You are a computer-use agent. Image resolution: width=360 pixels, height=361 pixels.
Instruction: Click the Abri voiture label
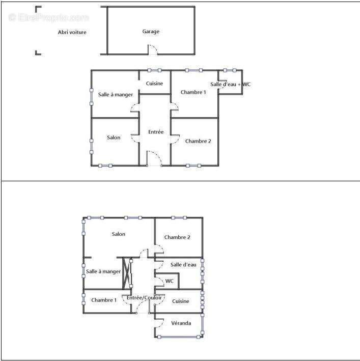coord(72,32)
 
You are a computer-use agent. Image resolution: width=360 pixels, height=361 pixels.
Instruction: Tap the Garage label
coord(151,31)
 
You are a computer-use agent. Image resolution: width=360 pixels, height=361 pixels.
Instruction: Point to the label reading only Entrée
coord(156,132)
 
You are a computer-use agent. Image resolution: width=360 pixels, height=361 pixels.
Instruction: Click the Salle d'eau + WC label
coord(230,84)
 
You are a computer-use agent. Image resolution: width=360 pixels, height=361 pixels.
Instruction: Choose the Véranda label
coord(181,323)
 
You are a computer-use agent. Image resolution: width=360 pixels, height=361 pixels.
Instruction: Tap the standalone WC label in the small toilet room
coord(169,281)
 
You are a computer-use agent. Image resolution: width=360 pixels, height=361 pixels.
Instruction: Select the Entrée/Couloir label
coord(144,298)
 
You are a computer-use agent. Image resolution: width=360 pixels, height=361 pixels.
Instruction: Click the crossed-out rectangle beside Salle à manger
coord(127,273)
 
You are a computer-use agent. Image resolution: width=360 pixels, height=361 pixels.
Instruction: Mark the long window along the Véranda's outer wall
coord(179,337)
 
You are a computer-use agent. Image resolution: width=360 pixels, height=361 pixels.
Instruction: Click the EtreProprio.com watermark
coord(48,17)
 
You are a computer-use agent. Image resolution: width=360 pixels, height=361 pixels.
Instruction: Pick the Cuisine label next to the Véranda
coord(180,301)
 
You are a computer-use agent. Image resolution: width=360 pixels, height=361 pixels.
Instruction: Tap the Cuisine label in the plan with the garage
coord(154,84)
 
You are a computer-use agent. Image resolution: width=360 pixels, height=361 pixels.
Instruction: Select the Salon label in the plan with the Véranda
coord(118,234)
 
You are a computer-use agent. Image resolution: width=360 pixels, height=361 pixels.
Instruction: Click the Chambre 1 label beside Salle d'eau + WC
coord(193,92)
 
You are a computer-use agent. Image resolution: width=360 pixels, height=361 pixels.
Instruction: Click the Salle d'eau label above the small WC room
coord(183,265)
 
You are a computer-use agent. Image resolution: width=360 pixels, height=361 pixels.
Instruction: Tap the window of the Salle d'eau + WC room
coord(230,70)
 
